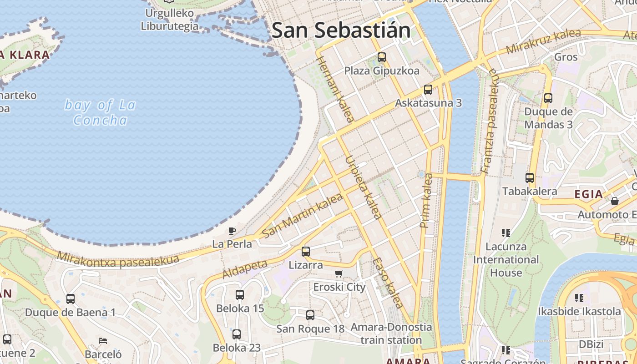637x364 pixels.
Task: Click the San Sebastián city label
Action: [x=341, y=30]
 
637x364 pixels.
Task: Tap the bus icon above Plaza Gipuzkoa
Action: [x=382, y=57]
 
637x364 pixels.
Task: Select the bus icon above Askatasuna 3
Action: [x=428, y=90]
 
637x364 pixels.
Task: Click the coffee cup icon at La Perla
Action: [x=232, y=231]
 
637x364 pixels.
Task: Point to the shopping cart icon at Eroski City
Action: [x=339, y=273]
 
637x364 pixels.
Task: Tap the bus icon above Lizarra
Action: [x=306, y=251]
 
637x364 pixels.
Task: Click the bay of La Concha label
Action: [x=100, y=112]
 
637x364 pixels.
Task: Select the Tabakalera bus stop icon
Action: [x=529, y=178]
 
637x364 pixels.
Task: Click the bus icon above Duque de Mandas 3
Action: [x=548, y=98]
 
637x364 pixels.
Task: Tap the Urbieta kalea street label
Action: [x=363, y=187]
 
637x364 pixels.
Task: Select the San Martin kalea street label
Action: [x=302, y=216]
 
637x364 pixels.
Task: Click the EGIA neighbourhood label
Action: [x=588, y=194]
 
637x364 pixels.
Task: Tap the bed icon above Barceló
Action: [x=103, y=340]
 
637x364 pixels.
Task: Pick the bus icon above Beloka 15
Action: [x=240, y=295]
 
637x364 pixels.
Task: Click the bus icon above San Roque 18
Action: [x=310, y=315]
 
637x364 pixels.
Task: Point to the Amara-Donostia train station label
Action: [x=391, y=334]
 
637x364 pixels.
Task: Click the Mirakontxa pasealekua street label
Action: [x=118, y=260]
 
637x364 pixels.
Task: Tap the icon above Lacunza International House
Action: [x=506, y=233]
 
